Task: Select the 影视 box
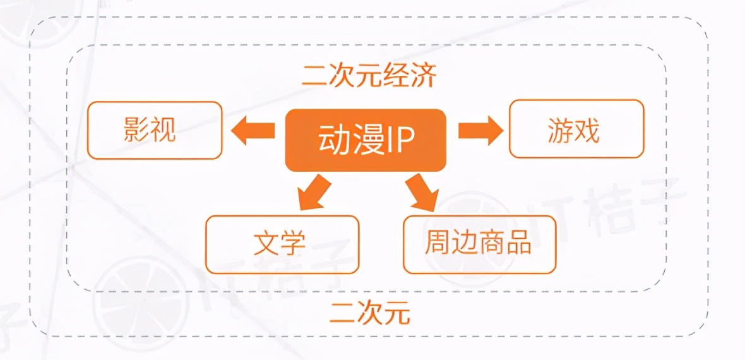coord(155,129)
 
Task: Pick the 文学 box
coord(282,244)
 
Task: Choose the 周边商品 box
coord(479,244)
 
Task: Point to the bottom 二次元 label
coord(370,312)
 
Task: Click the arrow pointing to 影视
coord(253,131)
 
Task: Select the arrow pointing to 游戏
coord(480,130)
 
